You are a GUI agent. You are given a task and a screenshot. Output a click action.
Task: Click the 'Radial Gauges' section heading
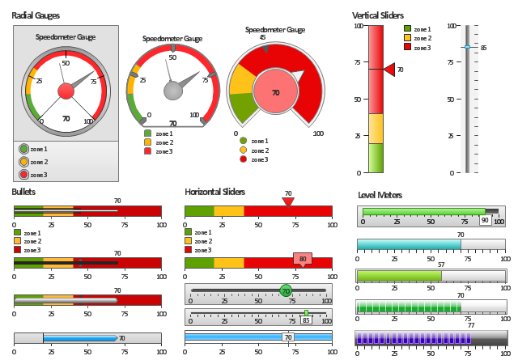point(36,15)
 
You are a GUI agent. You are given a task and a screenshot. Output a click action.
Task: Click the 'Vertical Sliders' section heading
point(378,15)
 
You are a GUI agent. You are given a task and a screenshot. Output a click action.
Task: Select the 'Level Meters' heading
point(381,194)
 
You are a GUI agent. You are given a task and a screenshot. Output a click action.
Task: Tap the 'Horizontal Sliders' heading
point(214,192)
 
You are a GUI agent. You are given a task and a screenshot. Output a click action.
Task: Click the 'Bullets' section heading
point(23,192)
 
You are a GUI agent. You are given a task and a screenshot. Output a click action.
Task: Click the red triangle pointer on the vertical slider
point(389,70)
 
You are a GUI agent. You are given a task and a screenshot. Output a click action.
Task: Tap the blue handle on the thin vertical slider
point(466,47)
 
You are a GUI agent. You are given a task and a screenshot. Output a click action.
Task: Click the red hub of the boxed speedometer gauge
point(66,91)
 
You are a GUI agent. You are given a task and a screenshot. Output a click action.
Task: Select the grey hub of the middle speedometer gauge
point(172,90)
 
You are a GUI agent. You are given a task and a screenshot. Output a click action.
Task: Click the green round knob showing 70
point(285,290)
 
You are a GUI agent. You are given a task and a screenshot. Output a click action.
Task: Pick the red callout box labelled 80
point(303,260)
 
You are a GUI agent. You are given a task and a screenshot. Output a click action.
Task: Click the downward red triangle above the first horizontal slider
point(287,201)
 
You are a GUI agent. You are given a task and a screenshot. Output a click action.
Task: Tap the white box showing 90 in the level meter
point(485,219)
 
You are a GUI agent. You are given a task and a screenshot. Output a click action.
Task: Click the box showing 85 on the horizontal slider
point(306,320)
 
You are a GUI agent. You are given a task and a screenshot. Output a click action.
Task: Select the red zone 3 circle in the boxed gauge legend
point(23,174)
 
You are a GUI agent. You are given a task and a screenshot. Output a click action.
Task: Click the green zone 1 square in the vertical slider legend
point(408,29)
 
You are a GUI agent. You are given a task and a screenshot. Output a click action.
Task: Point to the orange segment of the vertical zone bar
point(376,128)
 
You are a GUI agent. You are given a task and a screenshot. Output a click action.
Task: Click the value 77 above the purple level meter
point(471,324)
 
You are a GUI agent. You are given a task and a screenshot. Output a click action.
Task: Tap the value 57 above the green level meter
point(441,265)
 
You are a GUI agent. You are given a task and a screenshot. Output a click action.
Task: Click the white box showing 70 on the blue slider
point(287,337)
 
